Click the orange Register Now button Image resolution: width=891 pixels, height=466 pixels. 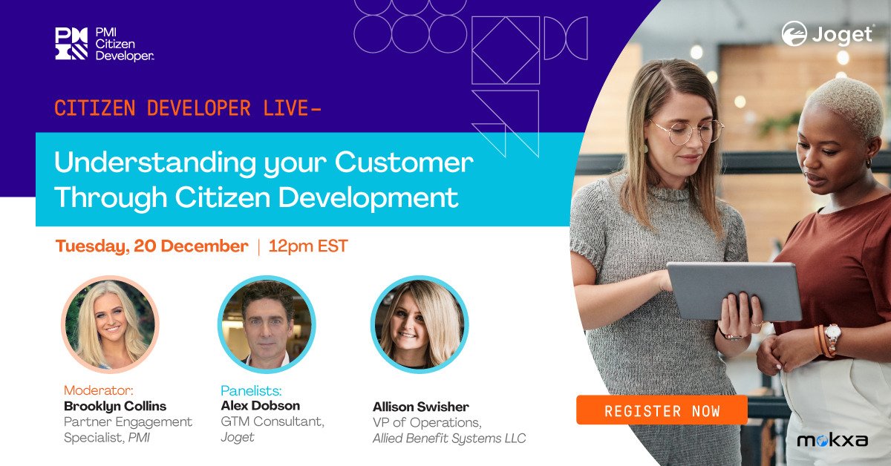pyautogui.click(x=662, y=410)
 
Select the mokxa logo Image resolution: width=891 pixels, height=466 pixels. pyautogui.click(x=832, y=441)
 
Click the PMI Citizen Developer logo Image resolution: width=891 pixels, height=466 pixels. pyautogui.click(x=104, y=44)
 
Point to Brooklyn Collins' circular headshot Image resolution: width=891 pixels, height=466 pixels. pyautogui.click(x=110, y=324)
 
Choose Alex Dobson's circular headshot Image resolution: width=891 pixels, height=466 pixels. pyautogui.click(x=267, y=324)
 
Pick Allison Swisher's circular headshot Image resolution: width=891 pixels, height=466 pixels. pyautogui.click(x=419, y=324)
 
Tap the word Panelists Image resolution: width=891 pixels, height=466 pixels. pyautogui.click(x=252, y=390)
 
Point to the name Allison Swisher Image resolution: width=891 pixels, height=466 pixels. pyautogui.click(x=420, y=407)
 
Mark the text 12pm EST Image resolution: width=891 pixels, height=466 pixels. pyautogui.click(x=308, y=246)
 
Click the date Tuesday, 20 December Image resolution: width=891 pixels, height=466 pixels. pyautogui.click(x=151, y=246)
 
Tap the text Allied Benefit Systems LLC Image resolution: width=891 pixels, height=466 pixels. pyautogui.click(x=448, y=439)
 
